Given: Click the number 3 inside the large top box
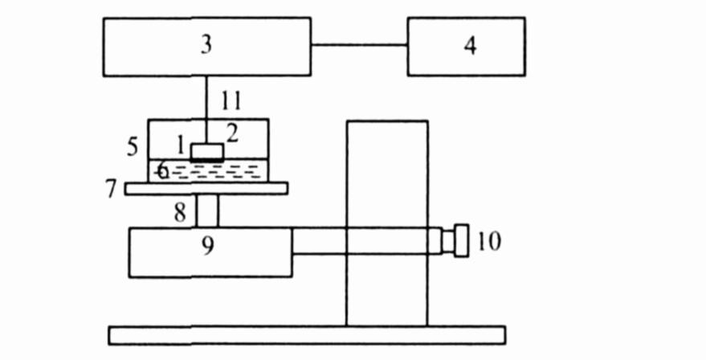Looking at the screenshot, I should (x=206, y=45).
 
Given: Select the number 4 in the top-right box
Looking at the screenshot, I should (x=469, y=46).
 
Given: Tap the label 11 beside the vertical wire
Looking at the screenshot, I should (x=231, y=101).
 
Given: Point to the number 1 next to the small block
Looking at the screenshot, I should (x=182, y=145).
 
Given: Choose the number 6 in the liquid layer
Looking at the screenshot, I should (x=162, y=170).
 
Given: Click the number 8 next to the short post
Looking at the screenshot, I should (x=181, y=212).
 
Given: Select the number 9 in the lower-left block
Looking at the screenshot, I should (x=208, y=245).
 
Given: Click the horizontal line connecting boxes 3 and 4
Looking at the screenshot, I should (x=359, y=45).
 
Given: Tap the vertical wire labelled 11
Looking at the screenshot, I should (x=206, y=100).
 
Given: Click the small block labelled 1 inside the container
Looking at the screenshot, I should (x=207, y=151).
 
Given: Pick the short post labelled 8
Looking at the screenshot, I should (x=207, y=211).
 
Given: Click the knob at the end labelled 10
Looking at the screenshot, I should (x=461, y=240).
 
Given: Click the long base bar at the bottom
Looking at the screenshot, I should (x=306, y=334).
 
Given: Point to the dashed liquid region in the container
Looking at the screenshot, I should (x=233, y=170).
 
